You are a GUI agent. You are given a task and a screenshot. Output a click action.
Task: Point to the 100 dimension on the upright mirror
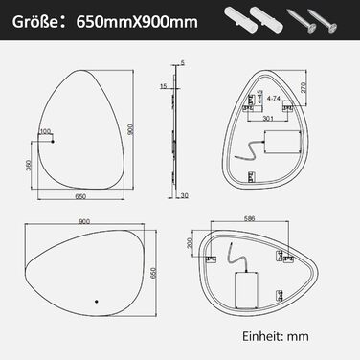tap(45, 133)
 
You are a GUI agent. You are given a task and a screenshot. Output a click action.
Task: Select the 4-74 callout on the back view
tap(273, 99)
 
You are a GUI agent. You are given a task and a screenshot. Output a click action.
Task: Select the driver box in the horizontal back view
tap(246, 288)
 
